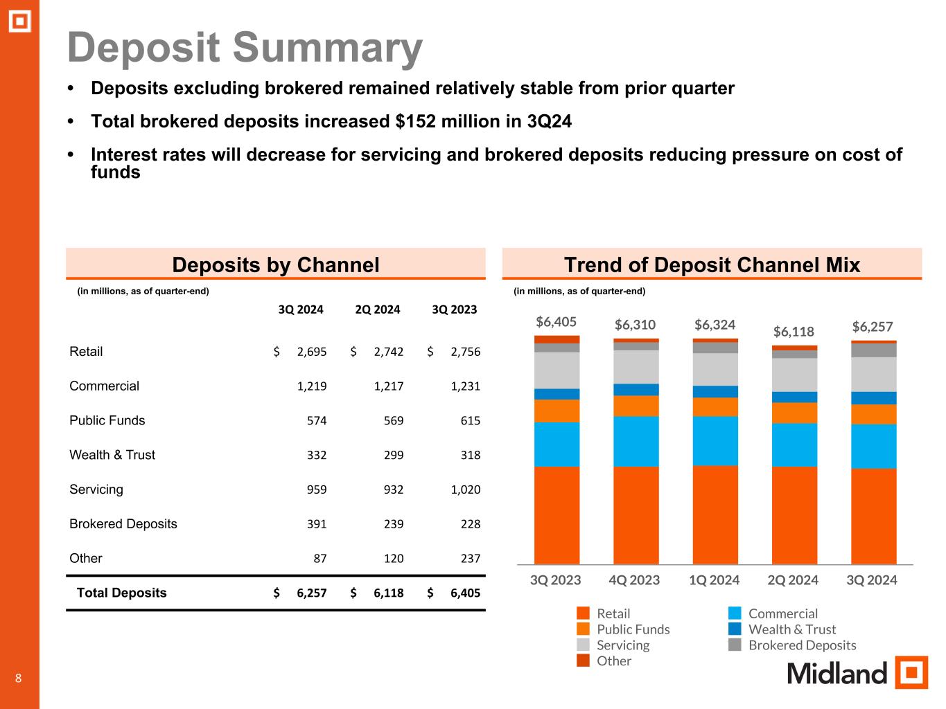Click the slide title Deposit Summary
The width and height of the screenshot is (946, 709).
click(x=245, y=48)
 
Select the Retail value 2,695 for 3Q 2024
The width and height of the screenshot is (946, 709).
click(x=311, y=352)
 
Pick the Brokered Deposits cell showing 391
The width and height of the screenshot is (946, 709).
click(x=317, y=524)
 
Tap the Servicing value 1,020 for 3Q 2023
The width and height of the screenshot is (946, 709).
click(x=465, y=490)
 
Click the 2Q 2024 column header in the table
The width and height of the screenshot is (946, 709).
click(x=377, y=309)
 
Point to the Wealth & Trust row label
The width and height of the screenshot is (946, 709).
click(x=112, y=455)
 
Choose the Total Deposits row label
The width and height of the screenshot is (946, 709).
click(x=121, y=593)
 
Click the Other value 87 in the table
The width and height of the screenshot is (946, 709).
click(x=319, y=559)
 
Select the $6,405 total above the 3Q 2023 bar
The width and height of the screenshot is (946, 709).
click(x=556, y=322)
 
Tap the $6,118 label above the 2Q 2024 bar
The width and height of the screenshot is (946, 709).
click(x=794, y=332)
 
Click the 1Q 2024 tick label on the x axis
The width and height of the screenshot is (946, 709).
click(x=714, y=580)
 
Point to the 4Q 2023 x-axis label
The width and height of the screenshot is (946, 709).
click(x=634, y=580)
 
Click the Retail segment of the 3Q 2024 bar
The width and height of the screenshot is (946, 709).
click(x=873, y=516)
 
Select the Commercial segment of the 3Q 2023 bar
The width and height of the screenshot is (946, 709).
click(x=557, y=444)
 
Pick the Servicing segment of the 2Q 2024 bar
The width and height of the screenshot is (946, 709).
click(x=794, y=375)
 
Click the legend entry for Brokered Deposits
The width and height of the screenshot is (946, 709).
click(x=802, y=645)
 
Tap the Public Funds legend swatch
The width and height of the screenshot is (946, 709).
click(x=584, y=629)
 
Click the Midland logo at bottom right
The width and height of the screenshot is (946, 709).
click(x=857, y=672)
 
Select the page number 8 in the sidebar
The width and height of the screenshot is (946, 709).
click(x=19, y=678)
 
